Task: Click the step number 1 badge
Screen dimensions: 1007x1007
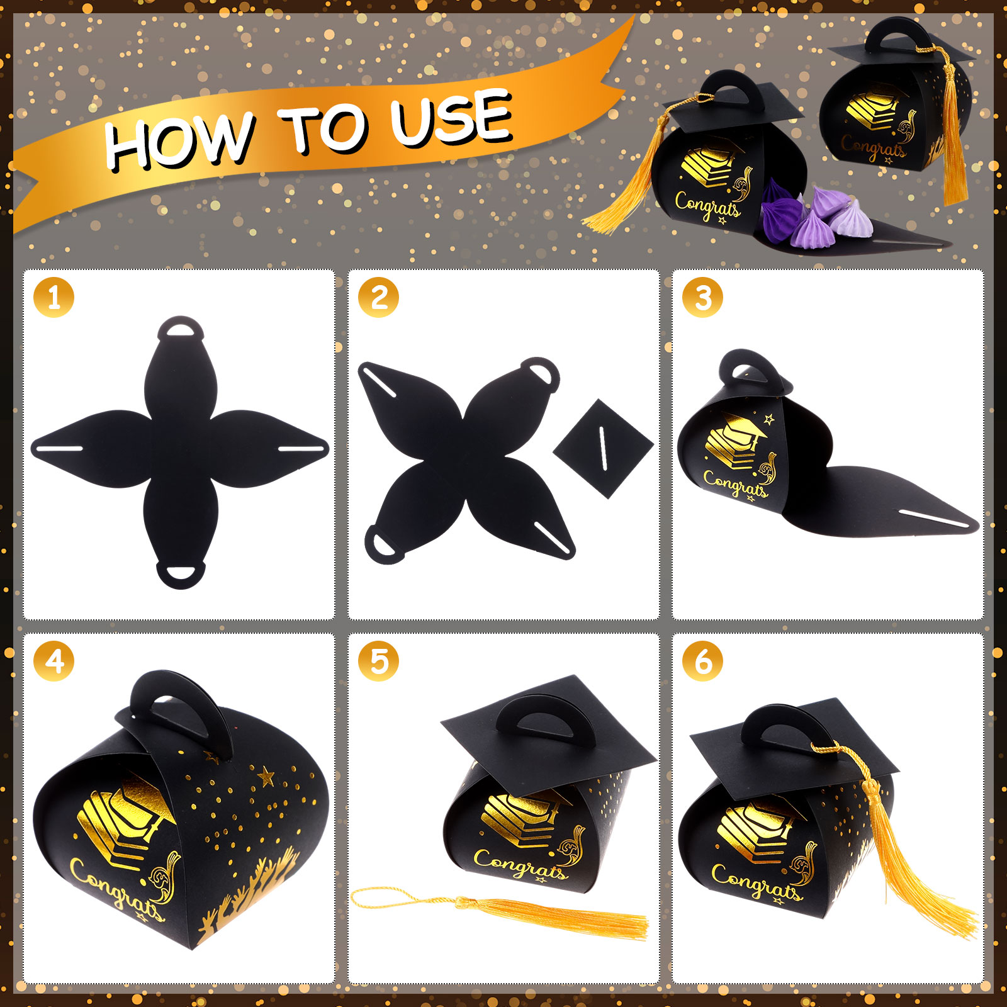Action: [54, 297]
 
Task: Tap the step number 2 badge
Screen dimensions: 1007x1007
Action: [379, 297]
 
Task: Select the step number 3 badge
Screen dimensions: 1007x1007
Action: [703, 297]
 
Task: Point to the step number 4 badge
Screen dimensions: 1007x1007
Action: [54, 661]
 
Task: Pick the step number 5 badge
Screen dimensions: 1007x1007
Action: [379, 661]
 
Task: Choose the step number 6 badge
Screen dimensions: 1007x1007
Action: [703, 661]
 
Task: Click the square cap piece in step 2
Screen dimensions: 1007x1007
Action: [604, 448]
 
